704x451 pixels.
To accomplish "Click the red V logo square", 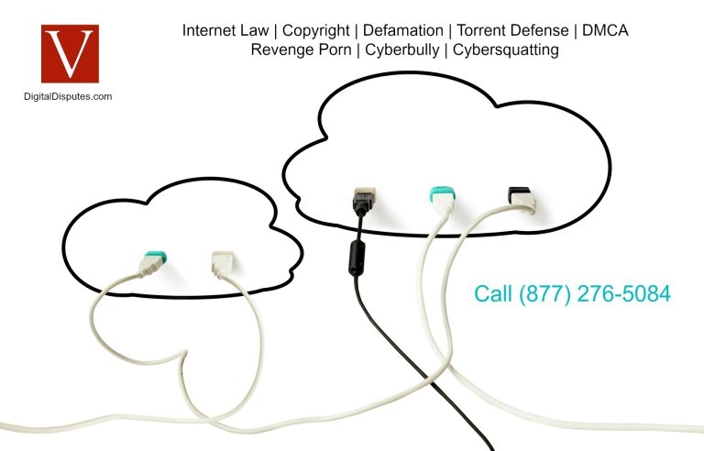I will [70, 53].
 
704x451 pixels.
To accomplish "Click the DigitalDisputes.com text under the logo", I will [68, 95].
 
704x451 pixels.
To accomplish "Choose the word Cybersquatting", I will [503, 49].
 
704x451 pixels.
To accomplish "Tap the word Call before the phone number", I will [494, 294].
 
